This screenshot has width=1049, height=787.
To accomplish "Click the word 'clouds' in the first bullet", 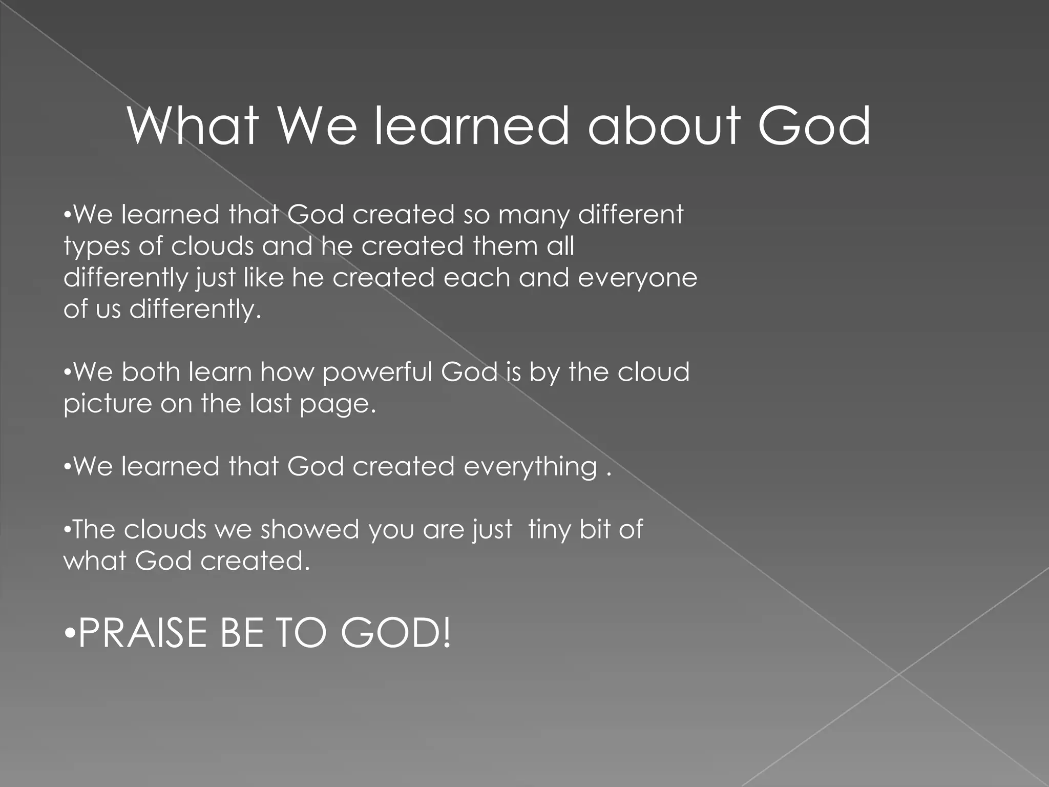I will pos(212,246).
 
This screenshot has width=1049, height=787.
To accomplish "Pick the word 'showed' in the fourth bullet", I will pos(309,529).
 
